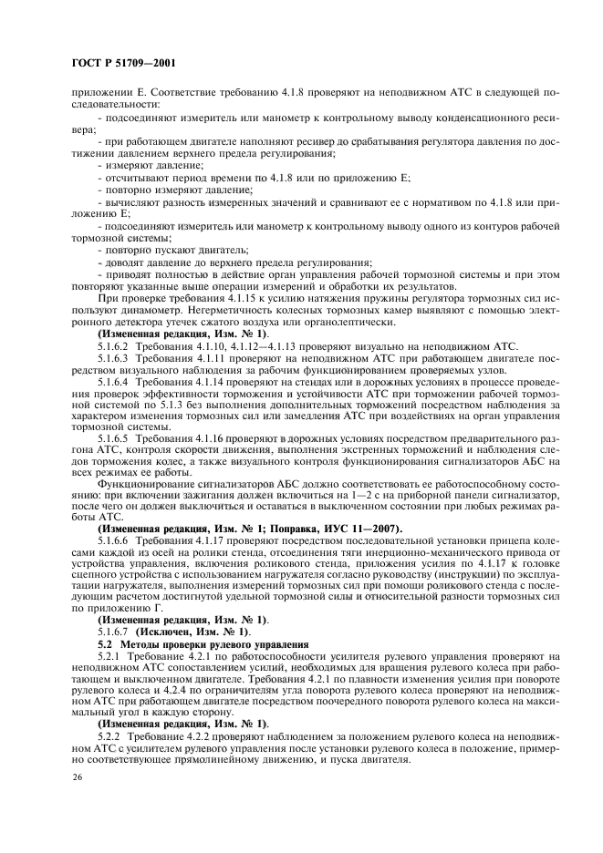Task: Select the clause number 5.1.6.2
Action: click(114, 346)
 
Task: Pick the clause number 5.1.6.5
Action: click(114, 437)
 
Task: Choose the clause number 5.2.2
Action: click(109, 735)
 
